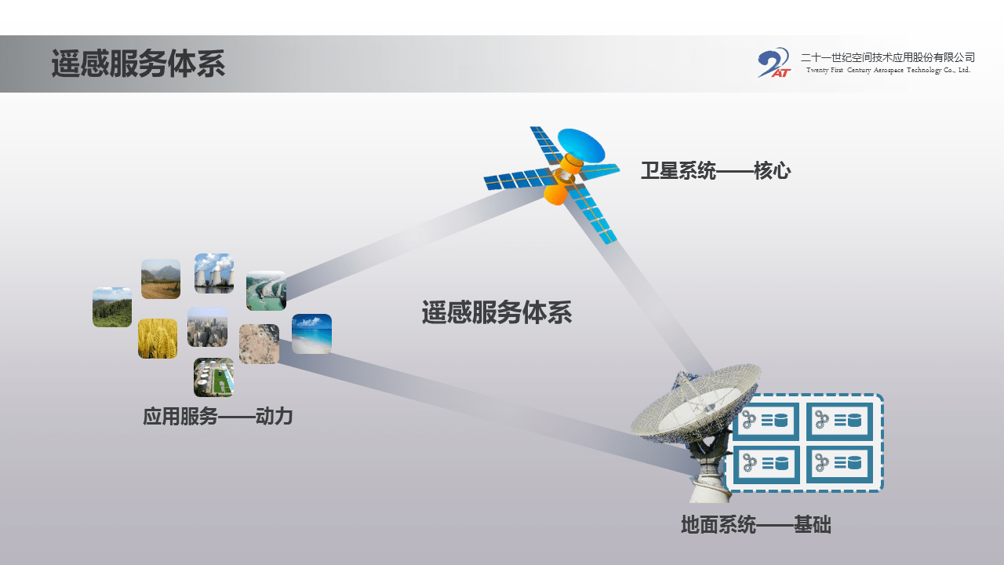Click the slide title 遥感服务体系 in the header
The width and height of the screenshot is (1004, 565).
pos(138,64)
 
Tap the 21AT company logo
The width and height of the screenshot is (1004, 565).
pos(773,63)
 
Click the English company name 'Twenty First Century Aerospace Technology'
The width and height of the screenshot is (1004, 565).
pos(888,71)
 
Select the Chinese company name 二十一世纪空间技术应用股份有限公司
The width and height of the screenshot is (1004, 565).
pos(887,57)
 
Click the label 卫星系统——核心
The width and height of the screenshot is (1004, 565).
pos(715,170)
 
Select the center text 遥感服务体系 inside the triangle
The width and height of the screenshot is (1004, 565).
pos(497,312)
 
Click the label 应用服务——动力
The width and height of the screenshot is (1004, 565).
pos(217,416)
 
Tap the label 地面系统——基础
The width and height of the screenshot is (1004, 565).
pos(755,524)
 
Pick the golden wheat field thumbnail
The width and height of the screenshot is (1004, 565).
pos(158,338)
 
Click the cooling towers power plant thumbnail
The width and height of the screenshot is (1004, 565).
pos(214,273)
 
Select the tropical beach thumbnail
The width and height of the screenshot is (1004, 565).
pos(311,334)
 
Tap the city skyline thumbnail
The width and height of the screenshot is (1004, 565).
pos(207,326)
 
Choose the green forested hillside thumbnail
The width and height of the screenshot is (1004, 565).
pos(112,307)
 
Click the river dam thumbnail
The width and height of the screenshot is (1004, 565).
pos(266,290)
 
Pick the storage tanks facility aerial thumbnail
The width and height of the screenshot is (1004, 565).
pos(213,377)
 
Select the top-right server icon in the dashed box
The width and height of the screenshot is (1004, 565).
pos(840,421)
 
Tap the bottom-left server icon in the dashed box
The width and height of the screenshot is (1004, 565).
pos(766,464)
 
